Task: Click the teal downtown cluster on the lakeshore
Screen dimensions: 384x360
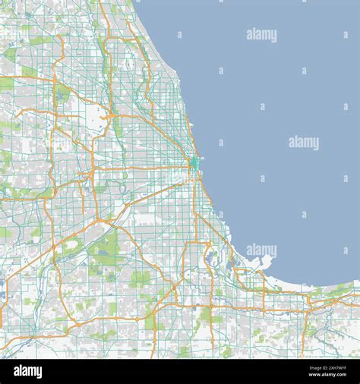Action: click(x=194, y=163)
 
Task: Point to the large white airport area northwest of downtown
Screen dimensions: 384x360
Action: click(x=96, y=117)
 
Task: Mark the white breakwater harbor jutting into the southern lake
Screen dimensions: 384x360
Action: click(x=261, y=262)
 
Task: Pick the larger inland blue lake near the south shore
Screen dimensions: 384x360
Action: click(x=210, y=257)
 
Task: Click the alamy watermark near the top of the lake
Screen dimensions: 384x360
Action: click(x=261, y=35)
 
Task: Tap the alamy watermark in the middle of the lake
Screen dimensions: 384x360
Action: click(x=304, y=143)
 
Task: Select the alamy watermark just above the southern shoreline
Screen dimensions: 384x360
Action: click(x=261, y=250)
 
